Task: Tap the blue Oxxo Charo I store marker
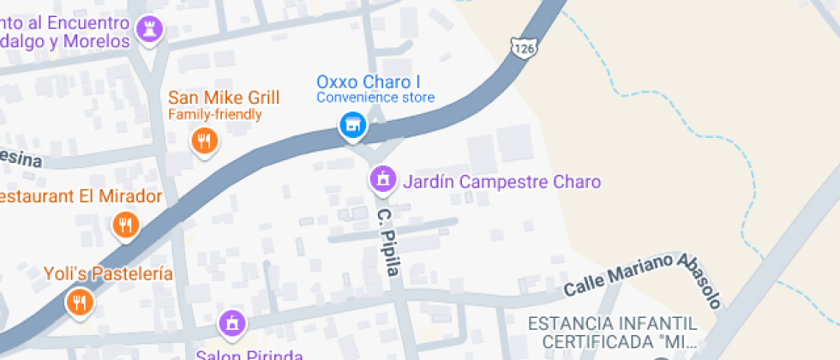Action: tap(351, 126)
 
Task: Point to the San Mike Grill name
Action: tap(214, 97)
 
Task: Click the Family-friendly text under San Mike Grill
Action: tap(214, 114)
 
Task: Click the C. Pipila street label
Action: tap(389, 241)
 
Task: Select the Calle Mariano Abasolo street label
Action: tap(643, 279)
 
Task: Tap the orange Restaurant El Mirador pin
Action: tap(125, 225)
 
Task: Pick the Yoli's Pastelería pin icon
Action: tap(80, 301)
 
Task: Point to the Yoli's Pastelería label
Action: tap(109, 274)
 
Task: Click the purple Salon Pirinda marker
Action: tap(231, 323)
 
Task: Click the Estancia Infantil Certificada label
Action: tap(612, 333)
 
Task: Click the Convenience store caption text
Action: tap(375, 98)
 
